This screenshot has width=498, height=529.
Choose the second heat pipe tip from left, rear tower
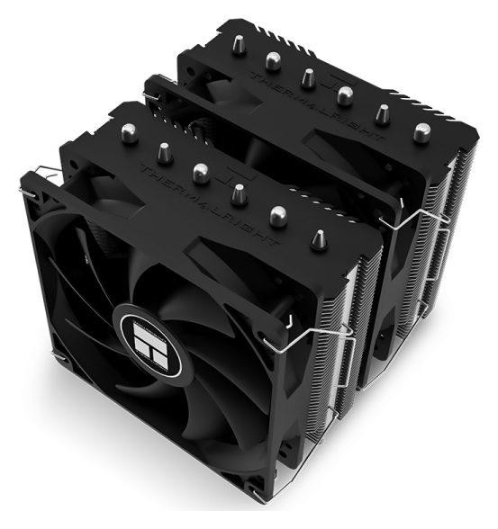271,60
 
